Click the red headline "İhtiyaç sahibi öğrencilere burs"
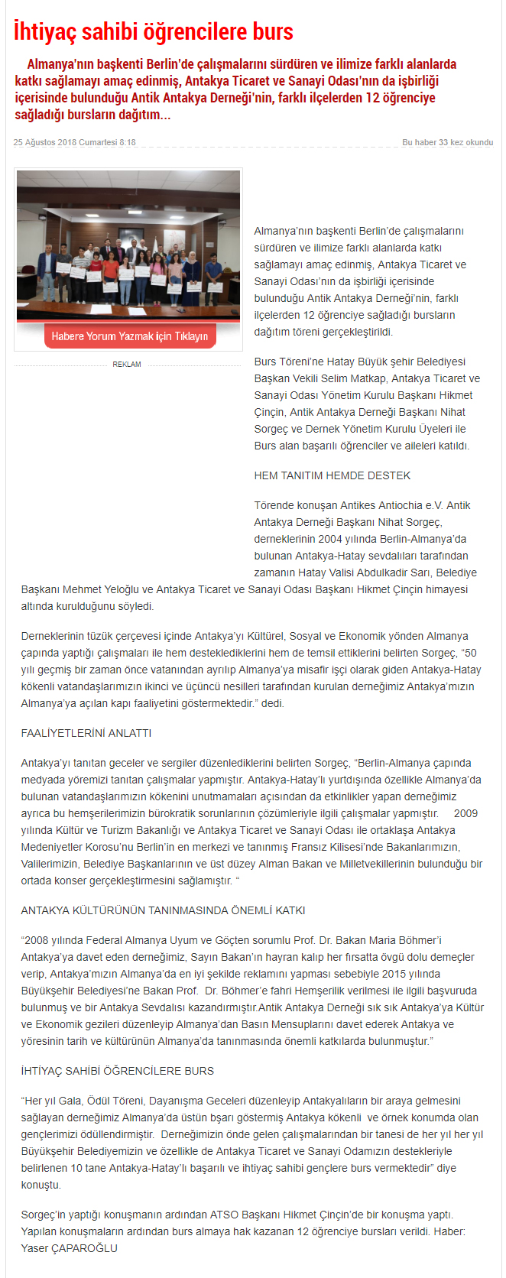(154, 31)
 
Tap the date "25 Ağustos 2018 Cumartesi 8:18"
(75, 142)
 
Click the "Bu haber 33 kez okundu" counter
(447, 142)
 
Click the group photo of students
(128, 245)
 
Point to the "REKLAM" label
(127, 365)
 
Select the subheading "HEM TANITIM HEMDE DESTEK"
(332, 475)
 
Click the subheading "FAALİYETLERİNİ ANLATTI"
(86, 733)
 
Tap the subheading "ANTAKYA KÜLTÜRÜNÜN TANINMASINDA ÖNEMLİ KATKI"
(163, 910)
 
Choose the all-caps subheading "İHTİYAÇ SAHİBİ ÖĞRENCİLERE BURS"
(118, 1071)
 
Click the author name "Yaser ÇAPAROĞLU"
(70, 1248)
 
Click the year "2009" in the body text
(465, 813)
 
